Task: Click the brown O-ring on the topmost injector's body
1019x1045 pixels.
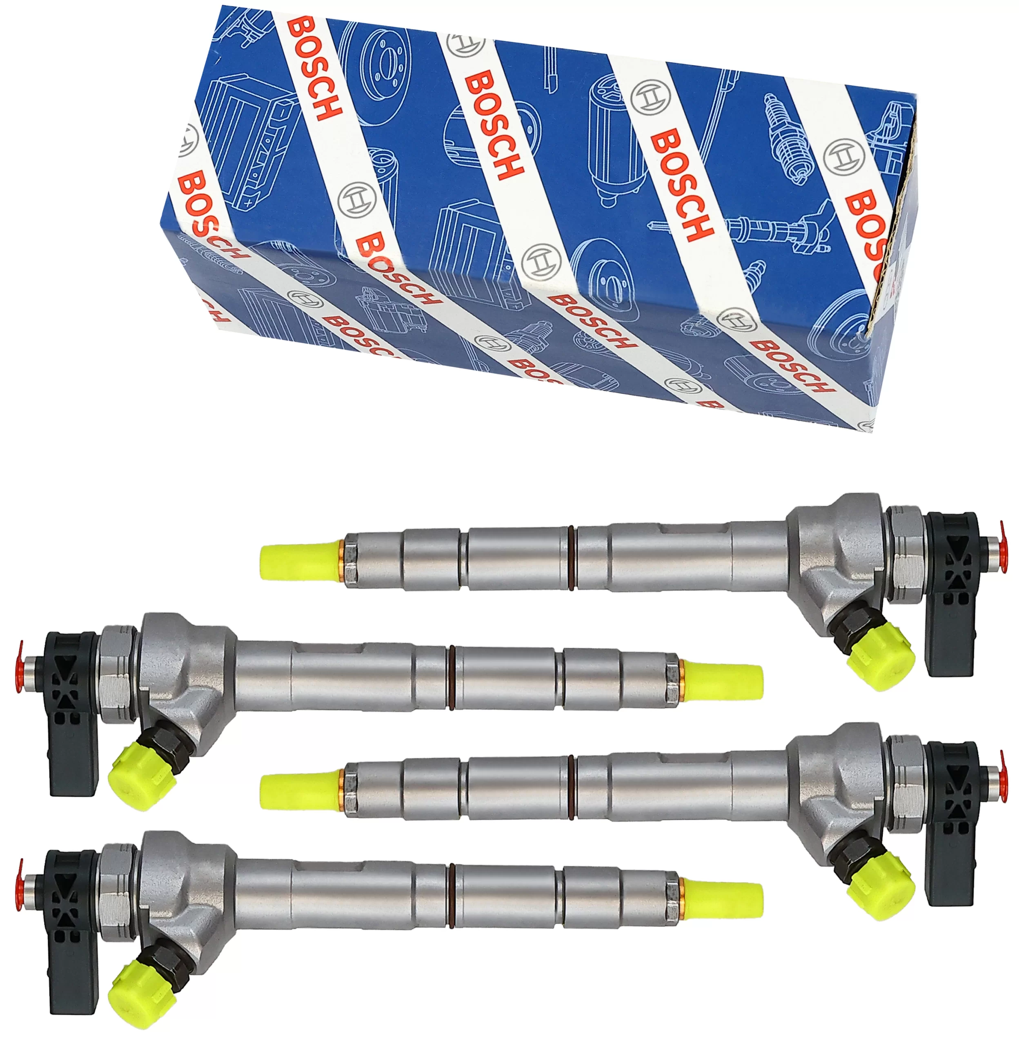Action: point(572,558)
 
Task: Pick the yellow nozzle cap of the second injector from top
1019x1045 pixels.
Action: point(723,682)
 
